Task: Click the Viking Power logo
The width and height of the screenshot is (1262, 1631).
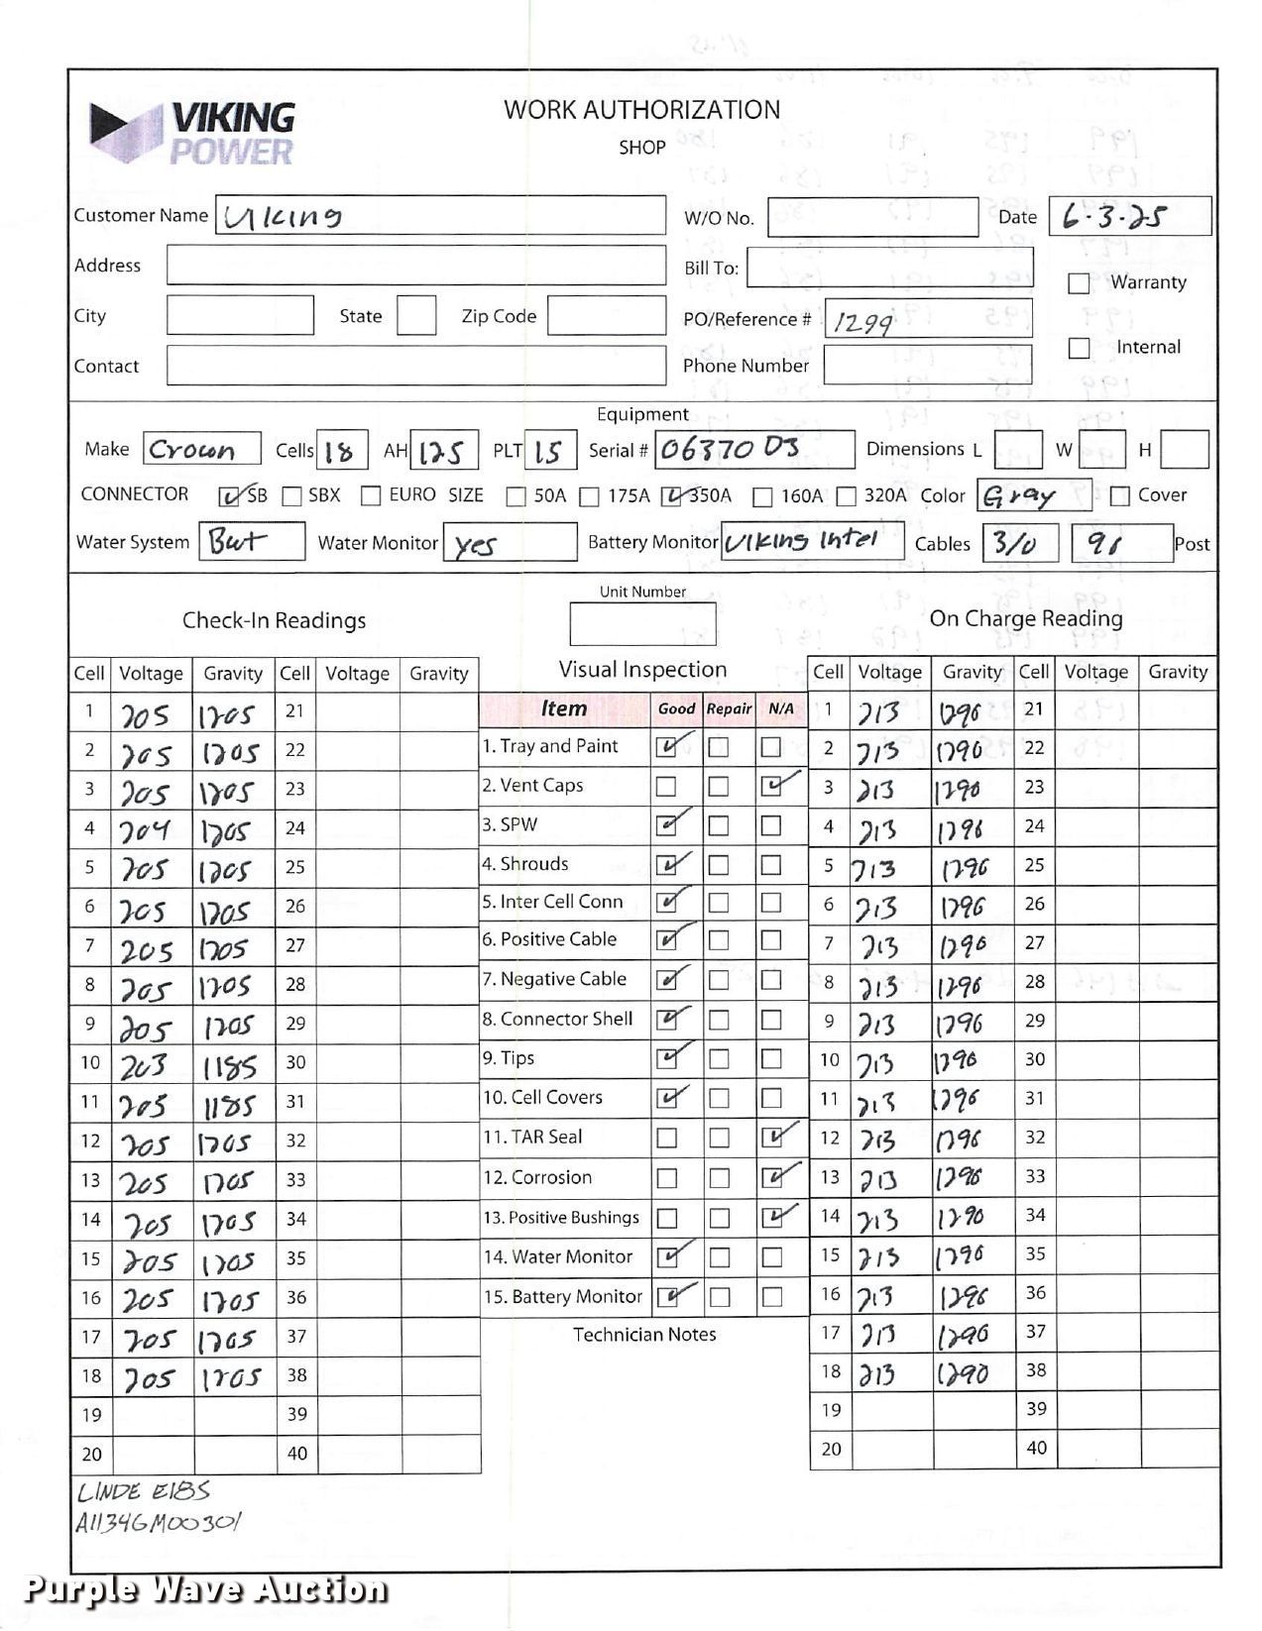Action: (193, 133)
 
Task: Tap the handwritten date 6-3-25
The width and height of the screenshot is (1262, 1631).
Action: (1113, 216)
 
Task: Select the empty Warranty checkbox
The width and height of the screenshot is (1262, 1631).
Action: (1079, 283)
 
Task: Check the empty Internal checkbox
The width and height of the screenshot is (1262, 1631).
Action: (1079, 348)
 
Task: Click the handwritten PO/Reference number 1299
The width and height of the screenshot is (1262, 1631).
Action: (862, 322)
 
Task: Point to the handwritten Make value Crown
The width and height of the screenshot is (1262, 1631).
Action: (192, 450)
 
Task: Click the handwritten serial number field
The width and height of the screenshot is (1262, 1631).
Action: (732, 449)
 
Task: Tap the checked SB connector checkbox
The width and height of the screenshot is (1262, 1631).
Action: (229, 495)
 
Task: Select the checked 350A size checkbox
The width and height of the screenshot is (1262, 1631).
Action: (672, 495)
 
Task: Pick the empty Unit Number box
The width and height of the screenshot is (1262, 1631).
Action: (641, 624)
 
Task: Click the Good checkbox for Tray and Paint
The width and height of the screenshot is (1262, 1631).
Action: (667, 747)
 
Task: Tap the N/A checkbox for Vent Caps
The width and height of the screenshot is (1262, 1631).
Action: (771, 787)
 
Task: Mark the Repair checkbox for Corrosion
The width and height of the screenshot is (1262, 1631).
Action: (719, 1178)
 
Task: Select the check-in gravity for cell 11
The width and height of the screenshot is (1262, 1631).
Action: (229, 1104)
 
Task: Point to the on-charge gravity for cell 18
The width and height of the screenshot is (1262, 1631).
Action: (963, 1373)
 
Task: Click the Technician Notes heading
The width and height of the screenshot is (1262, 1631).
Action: (644, 1335)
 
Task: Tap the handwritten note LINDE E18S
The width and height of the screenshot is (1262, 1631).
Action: (144, 1491)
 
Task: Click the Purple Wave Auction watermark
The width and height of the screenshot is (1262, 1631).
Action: (204, 1588)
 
